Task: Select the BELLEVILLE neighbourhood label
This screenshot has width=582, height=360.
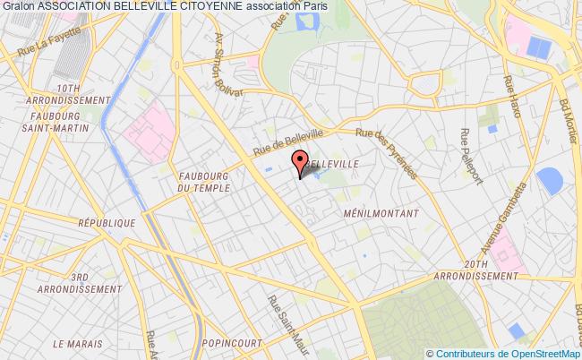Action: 333,165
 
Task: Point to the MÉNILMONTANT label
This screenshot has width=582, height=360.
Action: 375,215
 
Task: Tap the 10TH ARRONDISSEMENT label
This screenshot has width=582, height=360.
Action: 67,95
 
